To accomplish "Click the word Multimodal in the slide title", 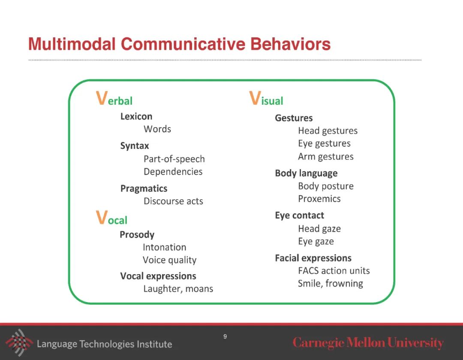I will click(72, 44).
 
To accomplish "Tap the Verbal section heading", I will click(114, 99).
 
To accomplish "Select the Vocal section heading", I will click(111, 218).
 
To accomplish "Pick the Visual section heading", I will click(266, 99).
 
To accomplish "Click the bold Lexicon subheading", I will click(136, 116).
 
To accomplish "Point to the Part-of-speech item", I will click(174, 159).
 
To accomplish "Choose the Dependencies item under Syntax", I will click(173, 172).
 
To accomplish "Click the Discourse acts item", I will click(173, 201).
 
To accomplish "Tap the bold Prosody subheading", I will click(137, 235).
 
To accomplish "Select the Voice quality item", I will click(169, 260).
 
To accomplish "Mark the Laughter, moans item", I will click(178, 289).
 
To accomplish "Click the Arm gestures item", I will click(326, 157).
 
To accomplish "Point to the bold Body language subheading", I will click(306, 173).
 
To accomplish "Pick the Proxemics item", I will click(319, 199).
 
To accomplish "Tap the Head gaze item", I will click(319, 229).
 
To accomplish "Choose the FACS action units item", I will click(334, 271).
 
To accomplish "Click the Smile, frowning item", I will click(330, 284).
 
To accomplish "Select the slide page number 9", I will click(225, 336).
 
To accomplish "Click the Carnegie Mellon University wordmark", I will click(368, 343).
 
